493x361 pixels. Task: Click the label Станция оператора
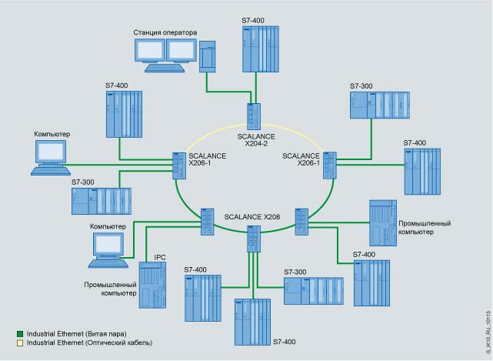coord(165,32)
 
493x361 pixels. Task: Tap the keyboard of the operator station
coord(163,68)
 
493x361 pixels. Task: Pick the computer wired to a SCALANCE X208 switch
coord(105,250)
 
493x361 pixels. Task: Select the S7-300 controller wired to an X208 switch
coord(312,289)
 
